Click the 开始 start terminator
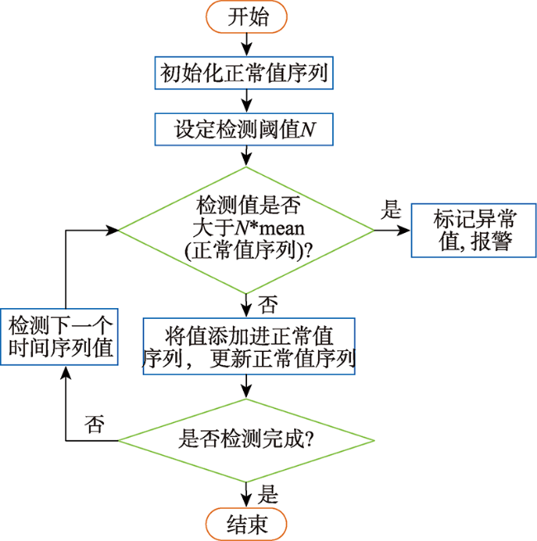click(246, 17)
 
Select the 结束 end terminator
click(246, 524)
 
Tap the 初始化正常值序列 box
click(244, 73)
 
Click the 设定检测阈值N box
click(244, 130)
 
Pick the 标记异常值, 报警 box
click(474, 230)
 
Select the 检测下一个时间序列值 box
click(59, 337)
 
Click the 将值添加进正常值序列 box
click(249, 346)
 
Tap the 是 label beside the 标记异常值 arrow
click(391, 209)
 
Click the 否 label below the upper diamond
click(268, 305)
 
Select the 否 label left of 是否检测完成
click(94, 424)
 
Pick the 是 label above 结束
click(268, 494)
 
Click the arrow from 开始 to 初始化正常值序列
click(246, 45)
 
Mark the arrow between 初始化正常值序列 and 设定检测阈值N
click(246, 101)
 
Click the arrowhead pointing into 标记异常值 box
click(403, 230)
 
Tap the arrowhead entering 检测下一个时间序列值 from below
click(65, 373)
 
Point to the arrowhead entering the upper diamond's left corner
click(112, 230)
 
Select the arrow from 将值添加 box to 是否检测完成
click(246, 387)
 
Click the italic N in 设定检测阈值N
click(308, 130)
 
